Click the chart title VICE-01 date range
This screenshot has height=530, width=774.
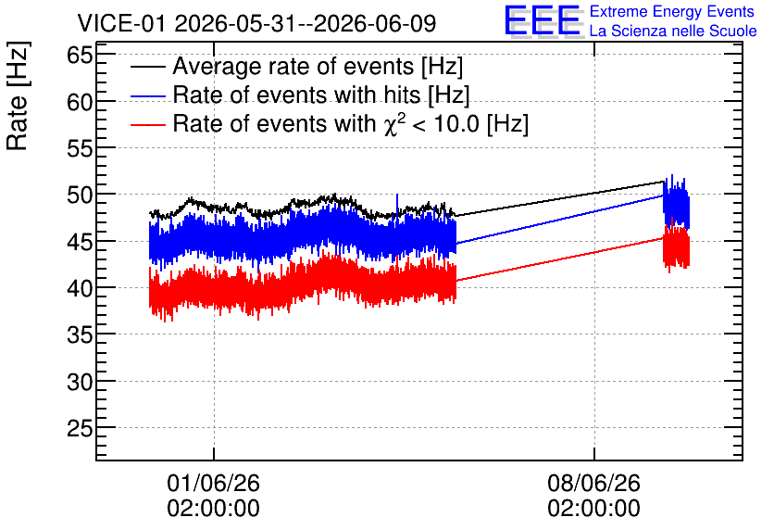tap(256, 23)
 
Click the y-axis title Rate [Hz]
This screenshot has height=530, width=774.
tap(18, 95)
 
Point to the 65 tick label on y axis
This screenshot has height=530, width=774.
tap(80, 55)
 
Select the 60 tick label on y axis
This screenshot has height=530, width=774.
tap(80, 102)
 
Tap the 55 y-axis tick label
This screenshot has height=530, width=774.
tap(80, 148)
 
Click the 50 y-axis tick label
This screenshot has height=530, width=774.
tap(80, 196)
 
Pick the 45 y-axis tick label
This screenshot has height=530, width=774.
tap(80, 242)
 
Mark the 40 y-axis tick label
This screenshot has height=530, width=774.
tap(80, 288)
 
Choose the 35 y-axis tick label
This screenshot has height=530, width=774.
tap(80, 335)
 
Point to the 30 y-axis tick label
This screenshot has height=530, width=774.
tap(80, 382)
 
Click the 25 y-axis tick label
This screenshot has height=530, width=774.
tap(80, 428)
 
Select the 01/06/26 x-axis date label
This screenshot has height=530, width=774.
tap(213, 483)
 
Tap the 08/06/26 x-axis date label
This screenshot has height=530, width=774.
tap(593, 483)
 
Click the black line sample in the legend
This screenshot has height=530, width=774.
tap(147, 67)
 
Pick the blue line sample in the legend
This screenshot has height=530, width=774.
tap(147, 95)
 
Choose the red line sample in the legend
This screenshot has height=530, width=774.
tap(147, 124)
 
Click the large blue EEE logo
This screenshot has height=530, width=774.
tap(542, 20)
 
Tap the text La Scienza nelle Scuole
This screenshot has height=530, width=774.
tap(673, 32)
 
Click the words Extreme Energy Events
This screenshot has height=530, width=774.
tap(672, 11)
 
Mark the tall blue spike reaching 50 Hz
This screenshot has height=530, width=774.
tap(397, 208)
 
